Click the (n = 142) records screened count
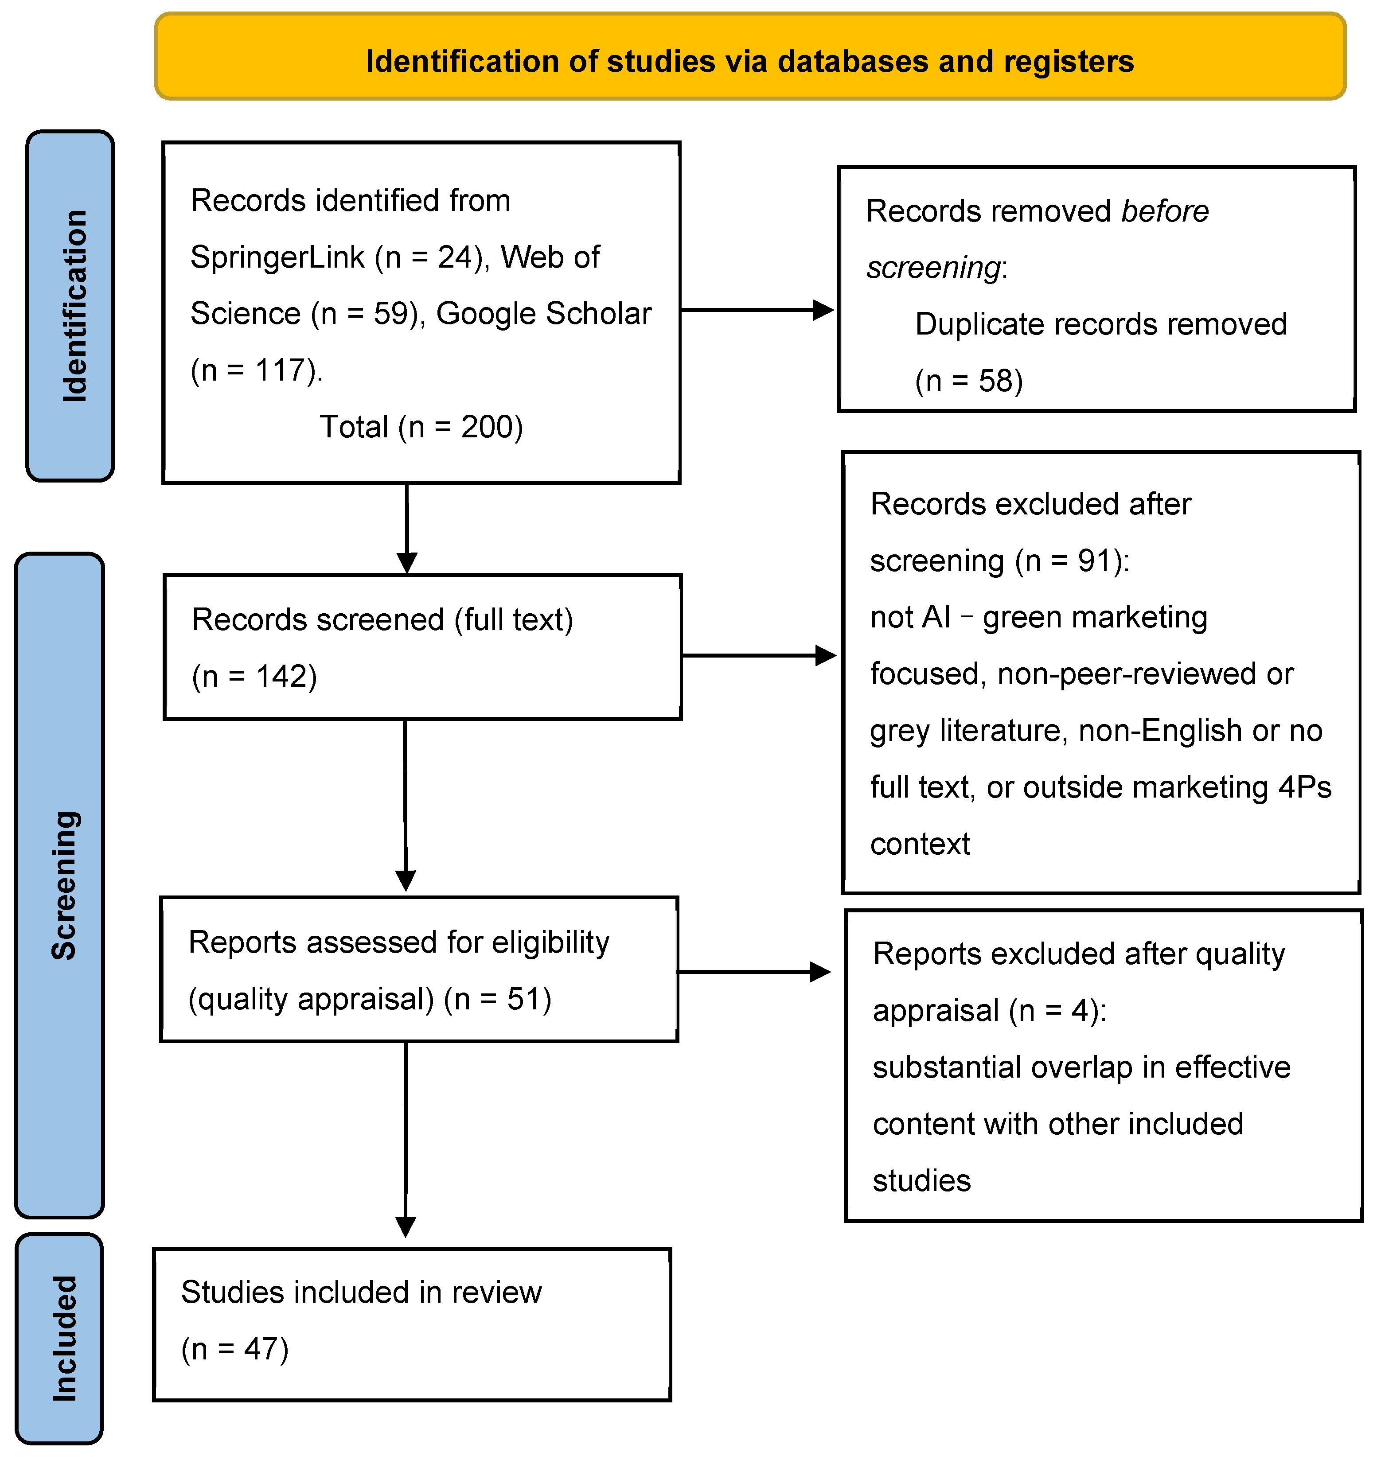pos(254,677)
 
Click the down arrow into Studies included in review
pos(406,1142)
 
